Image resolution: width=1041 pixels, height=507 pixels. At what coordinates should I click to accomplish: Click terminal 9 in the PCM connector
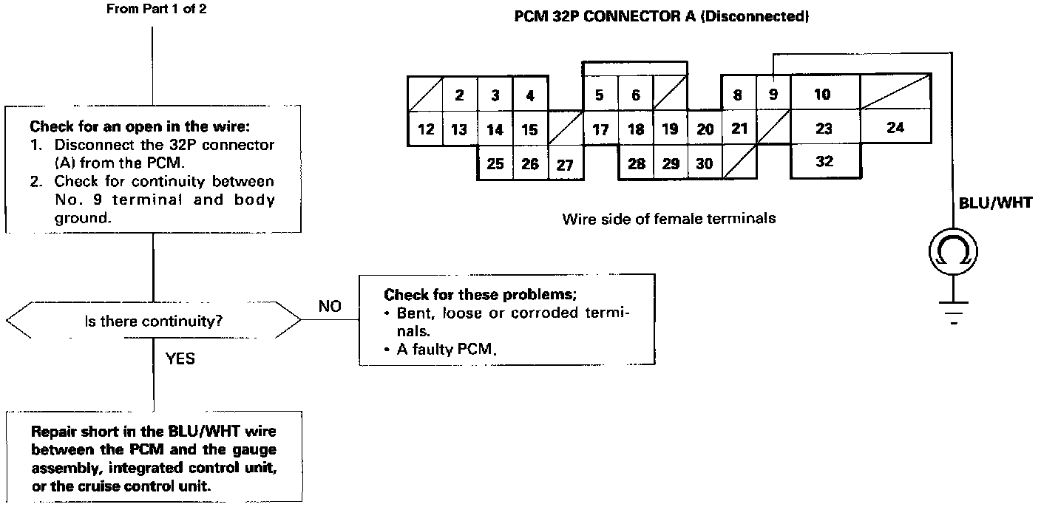pos(773,93)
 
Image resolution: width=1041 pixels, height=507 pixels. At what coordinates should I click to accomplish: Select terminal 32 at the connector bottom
pos(825,161)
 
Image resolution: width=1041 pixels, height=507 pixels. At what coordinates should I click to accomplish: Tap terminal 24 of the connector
pos(895,127)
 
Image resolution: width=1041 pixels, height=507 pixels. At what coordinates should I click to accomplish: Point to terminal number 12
pos(425,129)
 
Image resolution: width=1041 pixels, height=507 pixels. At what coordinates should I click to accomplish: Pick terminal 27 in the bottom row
pos(565,164)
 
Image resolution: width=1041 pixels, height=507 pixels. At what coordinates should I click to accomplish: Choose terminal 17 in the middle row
pos(600,129)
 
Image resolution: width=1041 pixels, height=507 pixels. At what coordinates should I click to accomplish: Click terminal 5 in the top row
pos(600,95)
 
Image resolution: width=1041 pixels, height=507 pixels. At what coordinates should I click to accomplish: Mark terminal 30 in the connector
pos(705,163)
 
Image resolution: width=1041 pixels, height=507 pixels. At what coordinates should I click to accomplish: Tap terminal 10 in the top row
pos(823,94)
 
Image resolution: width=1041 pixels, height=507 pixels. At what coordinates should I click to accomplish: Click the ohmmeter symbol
pos(953,251)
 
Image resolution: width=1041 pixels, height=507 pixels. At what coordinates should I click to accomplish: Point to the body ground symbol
pos(953,313)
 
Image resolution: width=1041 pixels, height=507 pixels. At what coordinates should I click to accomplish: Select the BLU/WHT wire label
pos(995,203)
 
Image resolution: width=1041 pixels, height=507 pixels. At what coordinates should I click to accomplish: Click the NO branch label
pos(330,306)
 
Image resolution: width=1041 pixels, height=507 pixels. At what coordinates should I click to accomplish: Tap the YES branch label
pos(180,358)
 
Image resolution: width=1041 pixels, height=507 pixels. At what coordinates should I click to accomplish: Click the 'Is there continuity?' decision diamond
pos(153,320)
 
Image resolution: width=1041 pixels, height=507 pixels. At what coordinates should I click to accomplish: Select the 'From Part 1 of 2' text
pos(157,9)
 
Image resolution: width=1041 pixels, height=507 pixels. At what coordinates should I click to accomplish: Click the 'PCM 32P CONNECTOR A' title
pos(604,17)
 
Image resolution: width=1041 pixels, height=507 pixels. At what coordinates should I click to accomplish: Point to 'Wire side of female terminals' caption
pos(669,219)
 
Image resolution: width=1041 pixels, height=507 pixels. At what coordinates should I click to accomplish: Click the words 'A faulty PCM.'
pos(447,349)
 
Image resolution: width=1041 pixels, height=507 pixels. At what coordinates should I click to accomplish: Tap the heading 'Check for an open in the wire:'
pos(140,126)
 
